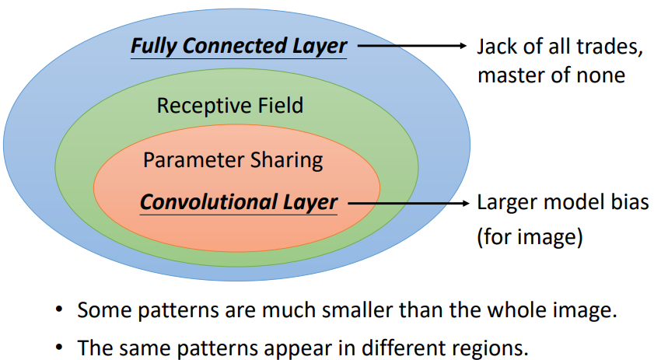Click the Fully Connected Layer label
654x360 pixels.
(x=238, y=46)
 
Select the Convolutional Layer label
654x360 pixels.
(x=238, y=204)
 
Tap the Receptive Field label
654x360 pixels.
(x=229, y=106)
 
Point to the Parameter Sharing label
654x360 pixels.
(x=233, y=160)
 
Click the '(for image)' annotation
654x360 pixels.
(x=529, y=236)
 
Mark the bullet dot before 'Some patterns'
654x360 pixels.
(x=58, y=311)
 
